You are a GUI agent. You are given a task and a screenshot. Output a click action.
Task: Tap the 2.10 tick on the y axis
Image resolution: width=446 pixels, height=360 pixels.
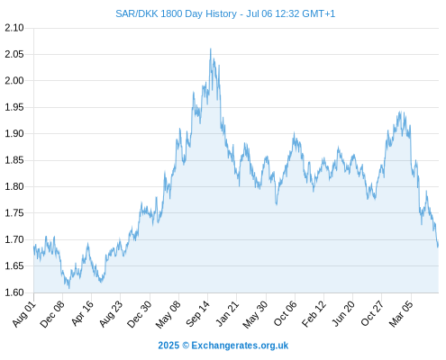[14, 28]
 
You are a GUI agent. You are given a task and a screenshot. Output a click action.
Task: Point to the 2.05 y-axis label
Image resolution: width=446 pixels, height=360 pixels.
[14, 54]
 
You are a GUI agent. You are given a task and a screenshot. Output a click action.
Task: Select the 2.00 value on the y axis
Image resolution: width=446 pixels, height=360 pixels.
[14, 81]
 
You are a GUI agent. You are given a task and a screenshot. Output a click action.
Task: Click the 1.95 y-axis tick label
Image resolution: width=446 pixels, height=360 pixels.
[14, 107]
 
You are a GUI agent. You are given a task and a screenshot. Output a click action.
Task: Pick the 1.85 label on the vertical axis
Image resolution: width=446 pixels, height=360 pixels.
[14, 160]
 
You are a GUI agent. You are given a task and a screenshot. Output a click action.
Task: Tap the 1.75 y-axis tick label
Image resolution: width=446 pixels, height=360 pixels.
[14, 213]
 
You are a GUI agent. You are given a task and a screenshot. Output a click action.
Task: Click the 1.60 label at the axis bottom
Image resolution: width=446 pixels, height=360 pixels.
[14, 292]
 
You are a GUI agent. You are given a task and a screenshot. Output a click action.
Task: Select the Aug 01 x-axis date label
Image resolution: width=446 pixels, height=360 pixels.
[24, 314]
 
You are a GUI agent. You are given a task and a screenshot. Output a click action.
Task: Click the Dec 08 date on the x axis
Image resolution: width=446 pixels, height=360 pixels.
[52, 314]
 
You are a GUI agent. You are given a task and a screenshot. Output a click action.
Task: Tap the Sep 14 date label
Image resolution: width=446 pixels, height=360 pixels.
[197, 314]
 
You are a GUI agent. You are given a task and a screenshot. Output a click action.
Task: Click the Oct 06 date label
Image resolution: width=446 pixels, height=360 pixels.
[286, 314]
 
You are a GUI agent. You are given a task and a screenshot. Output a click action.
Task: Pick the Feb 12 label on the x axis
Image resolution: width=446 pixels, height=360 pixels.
[314, 314]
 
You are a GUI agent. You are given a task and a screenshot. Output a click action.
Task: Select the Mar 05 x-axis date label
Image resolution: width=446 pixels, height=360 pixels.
[401, 314]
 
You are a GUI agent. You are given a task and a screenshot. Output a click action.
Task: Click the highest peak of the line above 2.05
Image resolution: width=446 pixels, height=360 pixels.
[211, 49]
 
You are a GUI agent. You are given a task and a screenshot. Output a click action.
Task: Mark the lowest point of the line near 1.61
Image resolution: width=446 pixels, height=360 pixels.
[69, 288]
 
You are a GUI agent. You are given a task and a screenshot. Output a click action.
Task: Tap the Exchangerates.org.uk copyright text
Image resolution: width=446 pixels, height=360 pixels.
[223, 346]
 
